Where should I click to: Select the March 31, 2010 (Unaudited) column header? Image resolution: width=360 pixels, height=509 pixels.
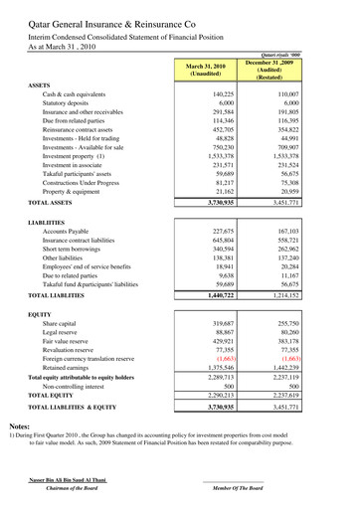pyautogui.click(x=203, y=69)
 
